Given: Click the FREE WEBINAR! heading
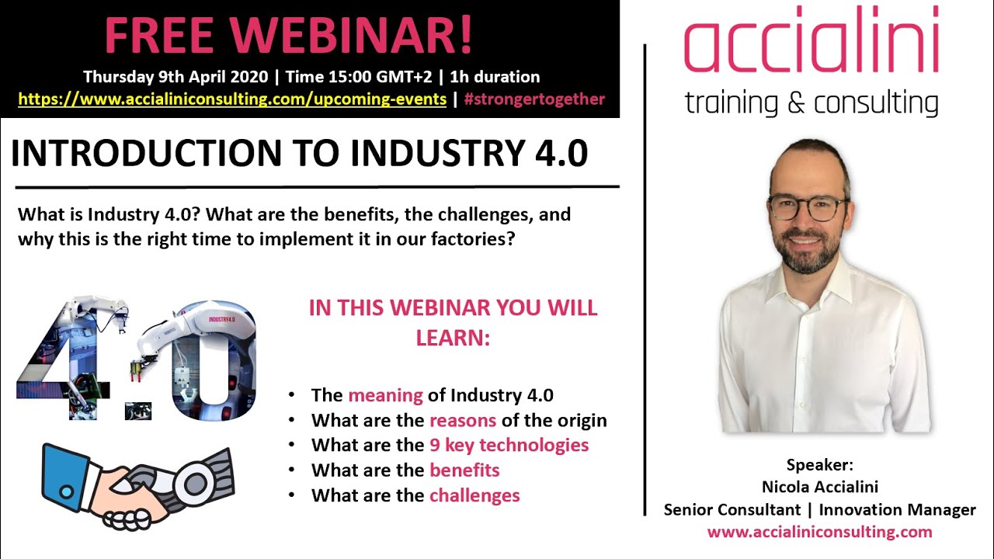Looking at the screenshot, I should (288, 36).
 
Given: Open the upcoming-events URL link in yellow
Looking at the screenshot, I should (231, 99).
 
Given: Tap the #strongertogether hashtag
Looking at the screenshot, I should (534, 99).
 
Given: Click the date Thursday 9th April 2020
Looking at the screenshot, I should (177, 77).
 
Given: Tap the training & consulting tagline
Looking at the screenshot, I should (811, 102).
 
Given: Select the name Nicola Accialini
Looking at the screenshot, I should (819, 488).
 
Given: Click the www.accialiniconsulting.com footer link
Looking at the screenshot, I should (819, 532).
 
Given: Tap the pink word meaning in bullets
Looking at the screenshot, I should (385, 395).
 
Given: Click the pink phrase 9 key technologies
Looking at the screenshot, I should (509, 445).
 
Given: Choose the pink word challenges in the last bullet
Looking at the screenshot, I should (474, 495).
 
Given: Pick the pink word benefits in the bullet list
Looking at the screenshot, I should (464, 470).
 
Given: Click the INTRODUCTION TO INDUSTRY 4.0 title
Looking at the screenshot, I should (299, 154).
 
